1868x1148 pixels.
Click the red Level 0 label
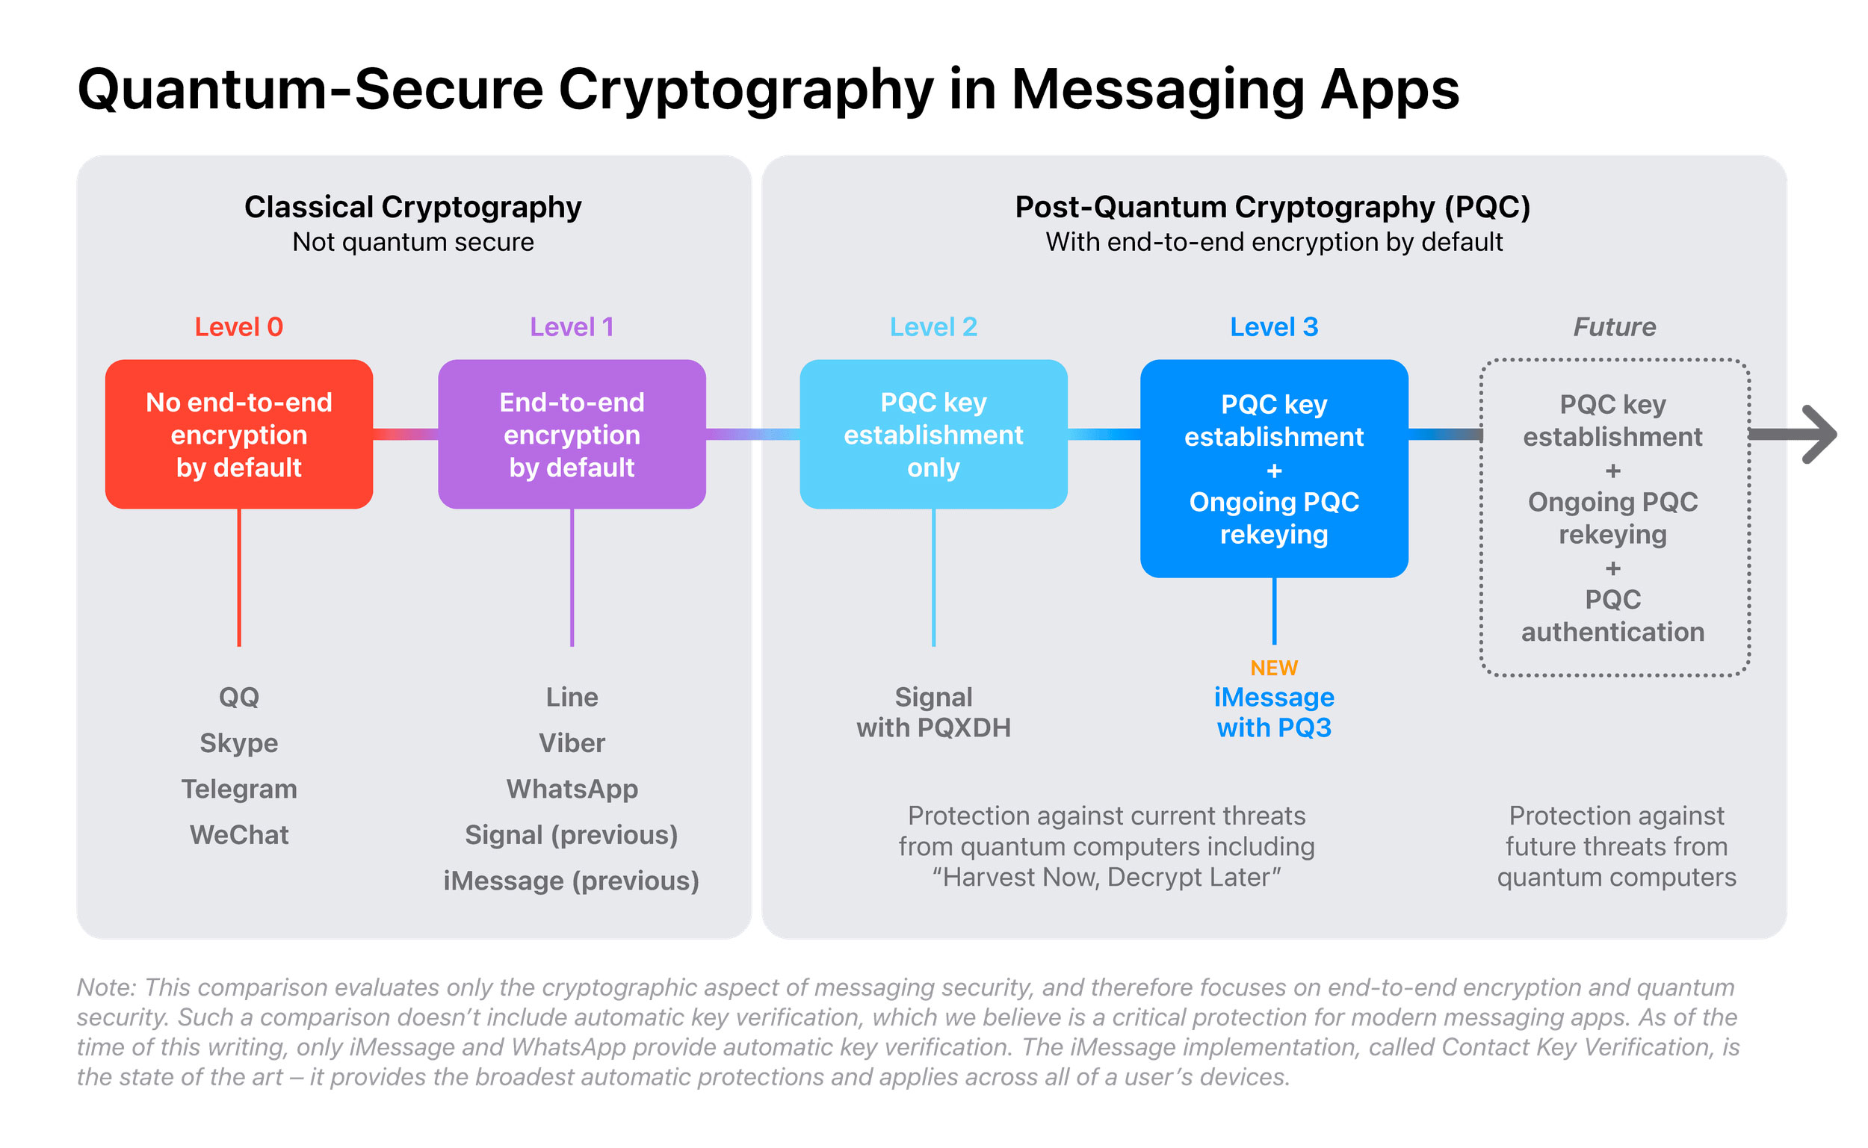(x=238, y=327)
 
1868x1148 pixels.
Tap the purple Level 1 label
(x=572, y=327)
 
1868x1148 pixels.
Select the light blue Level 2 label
(x=933, y=327)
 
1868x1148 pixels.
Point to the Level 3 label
(x=1273, y=327)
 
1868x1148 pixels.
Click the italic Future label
(x=1614, y=327)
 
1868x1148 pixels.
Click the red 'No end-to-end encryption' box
(x=238, y=434)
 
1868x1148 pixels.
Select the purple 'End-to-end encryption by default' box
(x=572, y=434)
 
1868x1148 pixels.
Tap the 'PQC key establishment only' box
(x=933, y=434)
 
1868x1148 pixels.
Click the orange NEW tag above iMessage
(x=1273, y=668)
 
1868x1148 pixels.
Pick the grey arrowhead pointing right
(x=1819, y=434)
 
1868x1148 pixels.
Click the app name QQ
(x=238, y=697)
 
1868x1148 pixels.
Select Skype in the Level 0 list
(x=238, y=742)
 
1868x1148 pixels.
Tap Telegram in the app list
(x=238, y=789)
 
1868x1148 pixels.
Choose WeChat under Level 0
(x=238, y=835)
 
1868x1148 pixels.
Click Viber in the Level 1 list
(x=572, y=742)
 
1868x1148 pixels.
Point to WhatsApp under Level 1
(x=572, y=789)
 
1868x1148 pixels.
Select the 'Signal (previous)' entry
(x=572, y=835)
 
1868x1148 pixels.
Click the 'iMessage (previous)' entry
(x=572, y=881)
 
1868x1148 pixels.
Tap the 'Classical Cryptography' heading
(x=412, y=208)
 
